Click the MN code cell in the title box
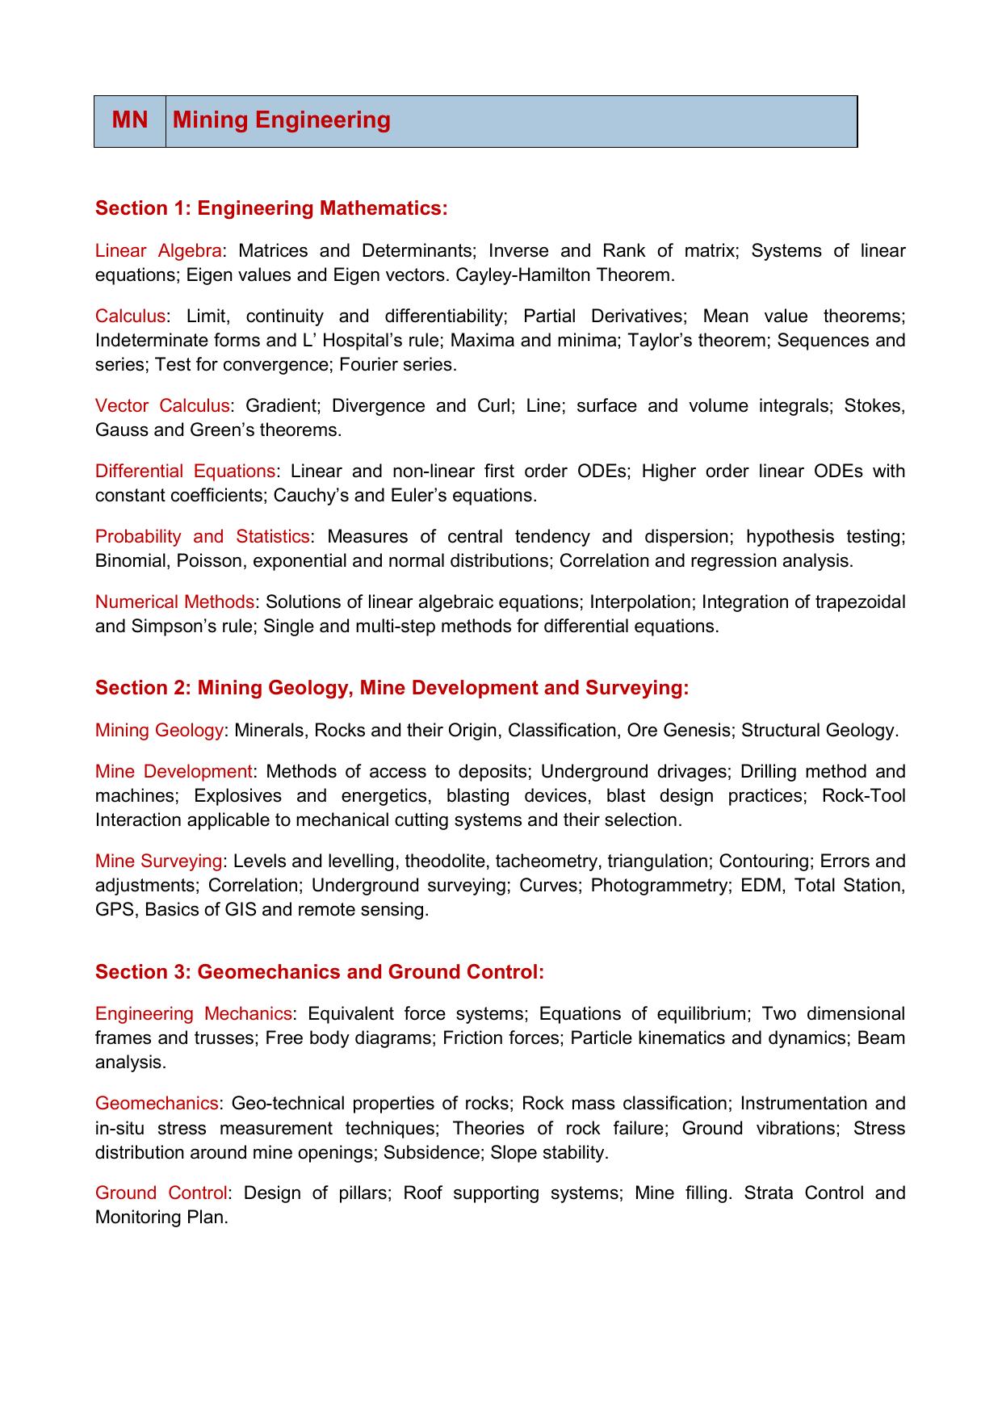(130, 120)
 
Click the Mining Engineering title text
(282, 120)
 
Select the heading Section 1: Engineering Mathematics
(271, 208)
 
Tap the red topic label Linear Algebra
(158, 251)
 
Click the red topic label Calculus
(130, 317)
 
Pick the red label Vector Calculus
(162, 406)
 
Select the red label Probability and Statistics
(202, 537)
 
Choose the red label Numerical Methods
(174, 602)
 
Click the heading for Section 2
(392, 688)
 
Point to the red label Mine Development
(174, 772)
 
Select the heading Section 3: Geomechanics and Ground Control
(320, 972)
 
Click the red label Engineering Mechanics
(193, 1014)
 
